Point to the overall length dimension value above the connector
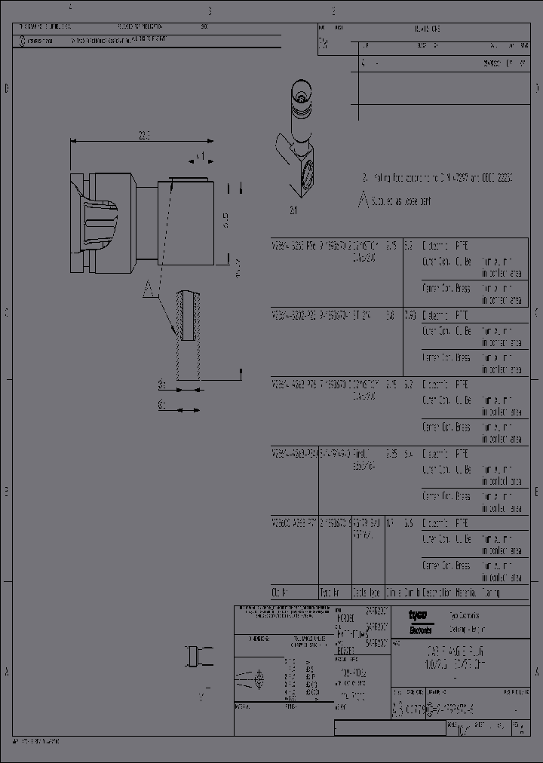tap(144, 135)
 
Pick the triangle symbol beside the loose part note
tap(364, 201)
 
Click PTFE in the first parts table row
tap(462, 246)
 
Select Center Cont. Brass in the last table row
tap(446, 565)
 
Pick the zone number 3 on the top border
tap(209, 11)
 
